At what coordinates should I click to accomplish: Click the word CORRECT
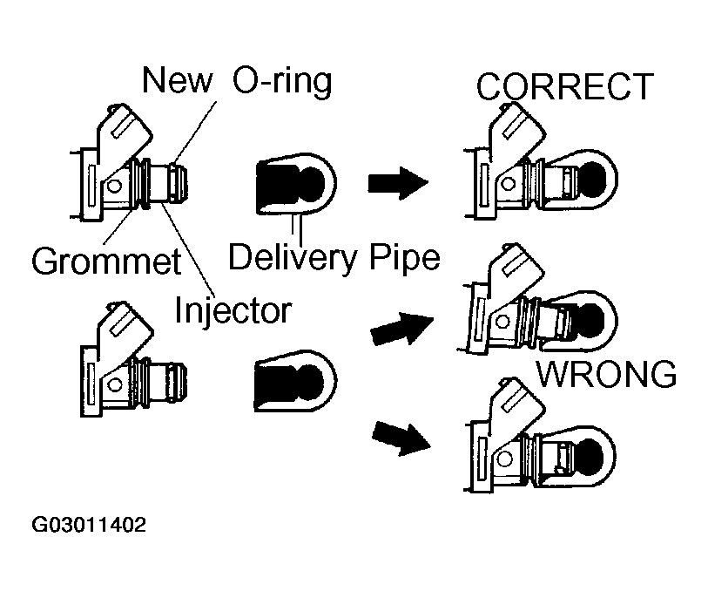[x=564, y=87]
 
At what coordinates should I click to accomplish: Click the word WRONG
[x=605, y=374]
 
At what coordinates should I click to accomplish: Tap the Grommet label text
[x=105, y=260]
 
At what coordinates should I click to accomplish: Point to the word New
[x=178, y=81]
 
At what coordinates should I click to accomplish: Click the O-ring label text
[x=281, y=81]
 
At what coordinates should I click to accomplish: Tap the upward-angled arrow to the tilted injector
[x=402, y=329]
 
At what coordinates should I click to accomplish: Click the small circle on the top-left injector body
[x=114, y=185]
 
